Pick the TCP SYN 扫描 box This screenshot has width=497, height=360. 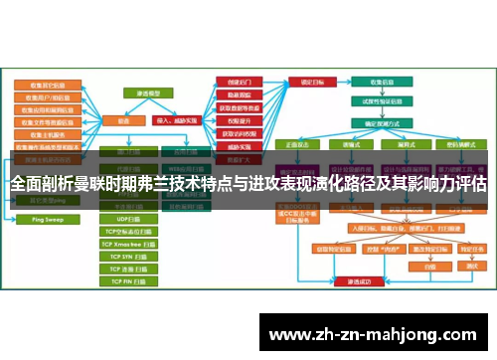tap(129, 256)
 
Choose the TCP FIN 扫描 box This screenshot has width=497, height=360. tap(129, 281)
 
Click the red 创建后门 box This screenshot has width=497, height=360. tap(239, 82)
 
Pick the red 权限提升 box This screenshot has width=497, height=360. tap(239, 94)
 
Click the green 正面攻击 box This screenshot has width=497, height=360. tap(298, 143)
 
